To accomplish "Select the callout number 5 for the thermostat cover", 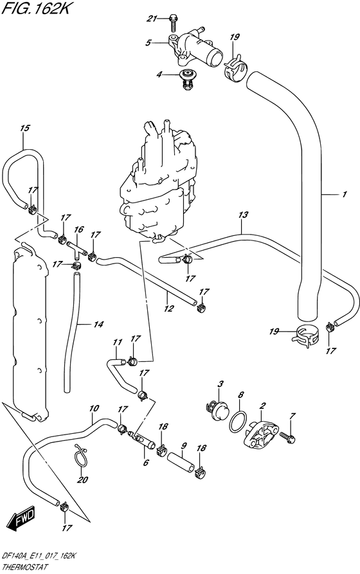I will click(148, 43).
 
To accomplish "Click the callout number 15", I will click(24, 129).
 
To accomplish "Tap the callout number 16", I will click(79, 229).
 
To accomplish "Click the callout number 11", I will click(116, 342).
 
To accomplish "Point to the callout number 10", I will click(94, 408).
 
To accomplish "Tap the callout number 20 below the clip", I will click(80, 479).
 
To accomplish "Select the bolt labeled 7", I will click(292, 438).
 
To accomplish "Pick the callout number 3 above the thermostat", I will click(220, 384).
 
